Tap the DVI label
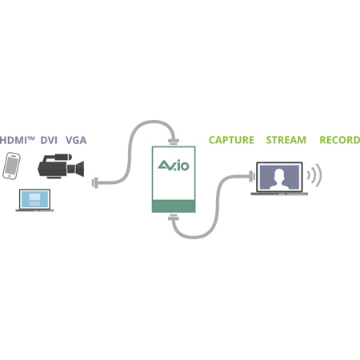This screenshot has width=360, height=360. (x=50, y=140)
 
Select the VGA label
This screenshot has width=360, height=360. (x=77, y=140)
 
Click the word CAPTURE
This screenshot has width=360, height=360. (x=231, y=140)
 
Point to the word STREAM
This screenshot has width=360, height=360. (x=286, y=140)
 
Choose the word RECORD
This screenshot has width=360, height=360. (x=339, y=140)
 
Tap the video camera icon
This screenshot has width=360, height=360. (x=59, y=166)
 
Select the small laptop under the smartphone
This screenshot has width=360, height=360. (x=34, y=200)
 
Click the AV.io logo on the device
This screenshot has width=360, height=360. (x=173, y=168)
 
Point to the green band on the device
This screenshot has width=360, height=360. (x=173, y=206)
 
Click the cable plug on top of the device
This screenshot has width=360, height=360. (x=173, y=142)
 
